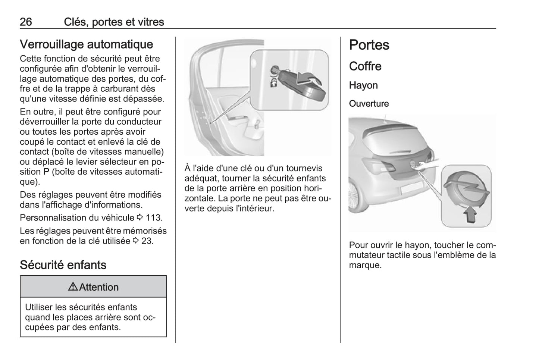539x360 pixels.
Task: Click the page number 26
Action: click(26, 22)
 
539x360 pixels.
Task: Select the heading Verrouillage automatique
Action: click(86, 44)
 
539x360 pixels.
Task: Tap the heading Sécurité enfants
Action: click(63, 265)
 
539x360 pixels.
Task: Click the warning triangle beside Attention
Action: click(73, 287)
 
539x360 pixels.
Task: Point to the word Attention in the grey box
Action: click(99, 287)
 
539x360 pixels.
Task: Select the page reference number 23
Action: click(147, 241)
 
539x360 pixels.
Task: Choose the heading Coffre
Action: click(365, 66)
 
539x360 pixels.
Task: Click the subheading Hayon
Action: click(363, 85)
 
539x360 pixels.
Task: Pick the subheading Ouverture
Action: click(369, 104)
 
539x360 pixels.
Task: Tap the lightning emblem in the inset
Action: click(465, 190)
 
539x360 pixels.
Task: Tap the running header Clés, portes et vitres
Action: click(114, 22)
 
